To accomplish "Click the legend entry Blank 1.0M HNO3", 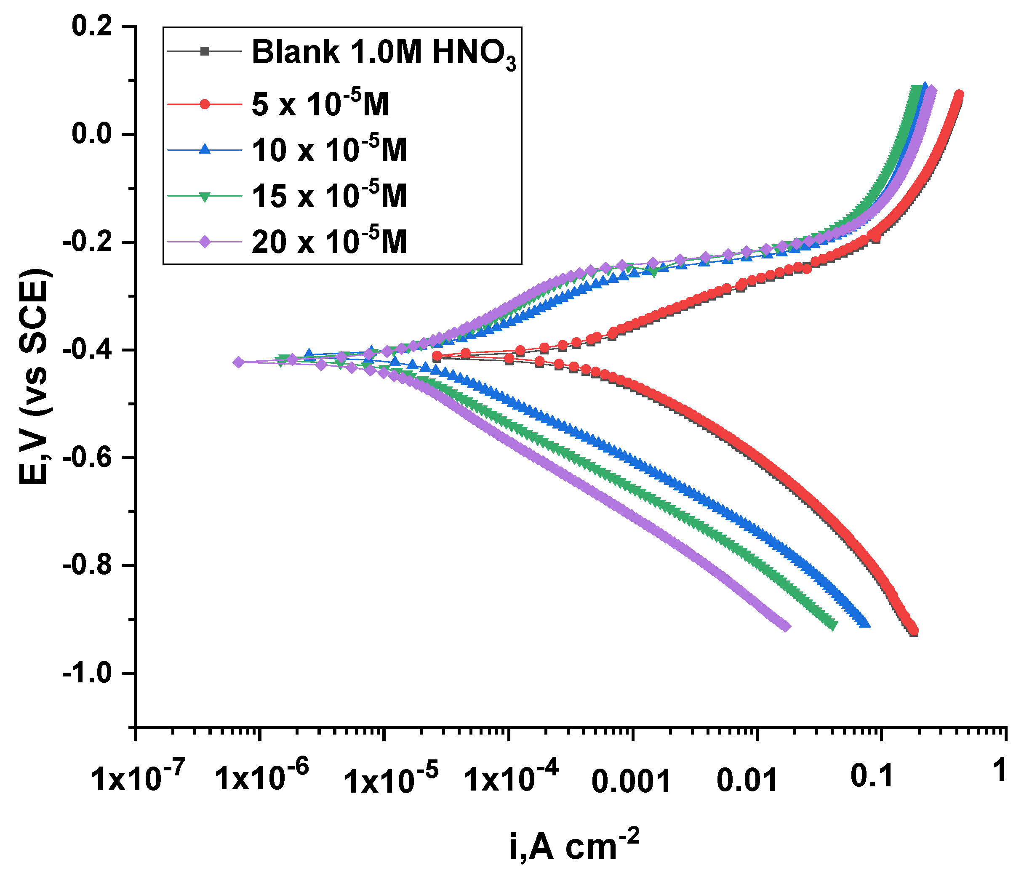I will click(384, 53).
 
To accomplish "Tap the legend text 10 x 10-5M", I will click(329, 150).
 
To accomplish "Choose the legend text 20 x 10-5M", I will click(329, 242).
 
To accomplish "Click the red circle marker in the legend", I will click(205, 104).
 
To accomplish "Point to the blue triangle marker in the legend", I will click(205, 150).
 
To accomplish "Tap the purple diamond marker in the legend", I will click(205, 242).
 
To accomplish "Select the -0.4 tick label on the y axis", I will click(89, 350).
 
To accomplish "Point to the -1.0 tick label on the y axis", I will click(89, 674).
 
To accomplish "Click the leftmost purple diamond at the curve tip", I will click(239, 362).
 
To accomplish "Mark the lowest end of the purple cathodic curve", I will click(786, 626).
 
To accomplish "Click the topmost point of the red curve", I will click(959, 94).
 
